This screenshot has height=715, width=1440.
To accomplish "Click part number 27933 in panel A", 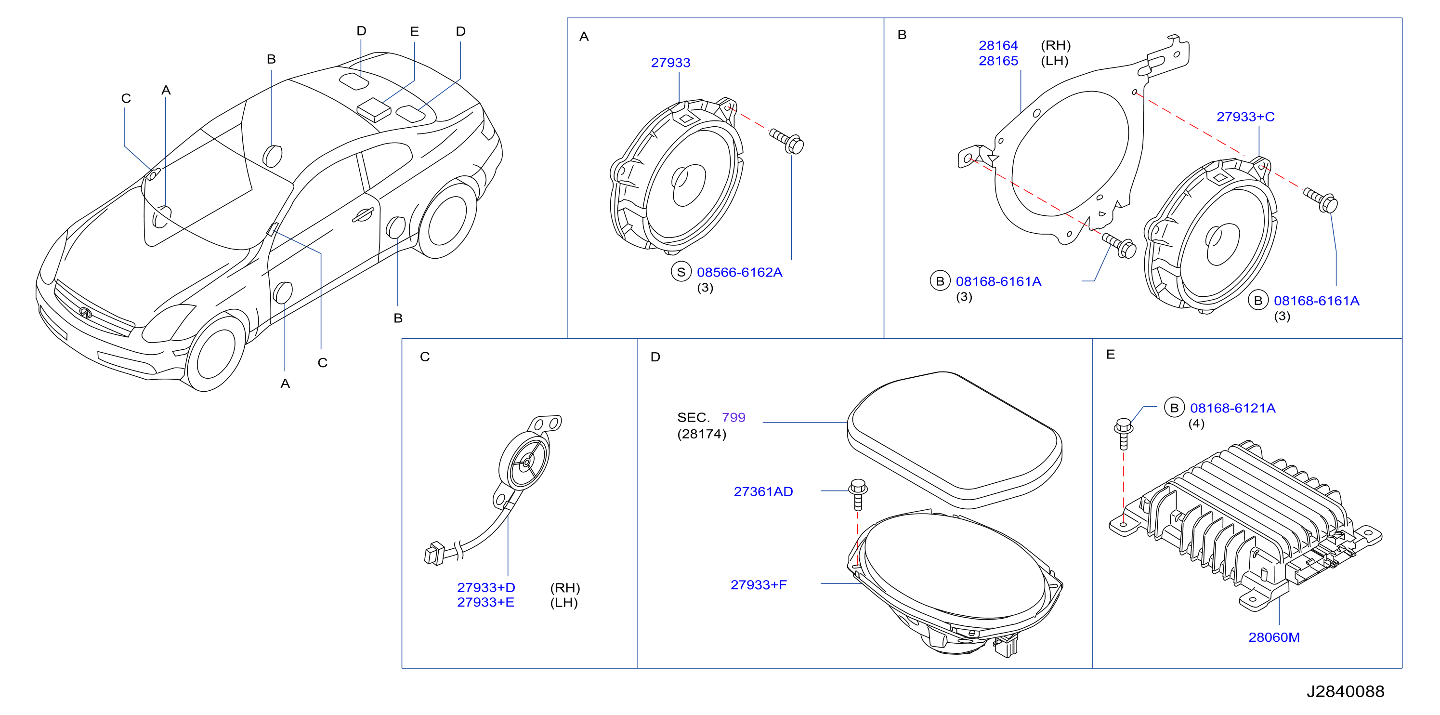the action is [x=670, y=63].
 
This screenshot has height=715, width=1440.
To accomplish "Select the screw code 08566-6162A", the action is [x=740, y=272].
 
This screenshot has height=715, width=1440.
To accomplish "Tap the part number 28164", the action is [x=998, y=45].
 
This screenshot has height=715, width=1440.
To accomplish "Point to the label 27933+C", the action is [x=1245, y=116].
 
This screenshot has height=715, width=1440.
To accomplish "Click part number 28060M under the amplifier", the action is [x=1274, y=637].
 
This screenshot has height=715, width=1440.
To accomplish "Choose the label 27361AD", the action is [x=763, y=491].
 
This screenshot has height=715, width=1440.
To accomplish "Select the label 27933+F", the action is [x=759, y=585].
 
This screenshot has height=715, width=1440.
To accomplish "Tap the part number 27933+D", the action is [x=486, y=587].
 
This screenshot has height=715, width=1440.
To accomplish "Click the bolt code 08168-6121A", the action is [x=1232, y=408].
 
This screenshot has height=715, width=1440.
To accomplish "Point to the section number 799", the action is [x=733, y=417].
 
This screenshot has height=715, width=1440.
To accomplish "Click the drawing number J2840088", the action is [x=1345, y=691].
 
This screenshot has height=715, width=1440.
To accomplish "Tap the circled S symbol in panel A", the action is [x=681, y=272].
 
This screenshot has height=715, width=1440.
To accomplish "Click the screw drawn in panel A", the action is [x=786, y=140].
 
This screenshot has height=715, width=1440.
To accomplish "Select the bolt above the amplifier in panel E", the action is [x=1124, y=433].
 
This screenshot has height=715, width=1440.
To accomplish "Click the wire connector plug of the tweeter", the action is [x=434, y=554].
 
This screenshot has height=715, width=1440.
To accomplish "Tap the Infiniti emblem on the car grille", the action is [x=86, y=313].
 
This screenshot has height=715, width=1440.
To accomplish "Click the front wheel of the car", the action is [x=215, y=353].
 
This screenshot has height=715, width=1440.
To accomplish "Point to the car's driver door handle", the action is [x=363, y=215].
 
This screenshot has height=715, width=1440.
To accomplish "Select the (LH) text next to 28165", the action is [x=1054, y=60].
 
